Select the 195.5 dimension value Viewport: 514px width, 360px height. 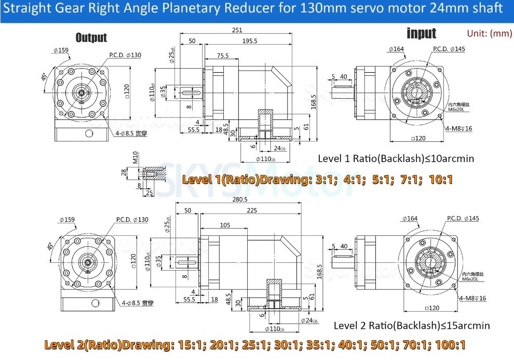pos(249,41)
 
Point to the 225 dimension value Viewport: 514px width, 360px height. pos(252,211)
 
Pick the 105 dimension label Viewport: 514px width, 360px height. pos(224,224)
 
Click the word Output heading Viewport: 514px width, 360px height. pos(91,37)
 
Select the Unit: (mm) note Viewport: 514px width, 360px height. pos(490,33)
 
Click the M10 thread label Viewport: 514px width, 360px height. pos(134,157)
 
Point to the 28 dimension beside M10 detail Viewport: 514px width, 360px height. pos(124,172)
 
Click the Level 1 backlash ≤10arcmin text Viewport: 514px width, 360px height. pos(396,158)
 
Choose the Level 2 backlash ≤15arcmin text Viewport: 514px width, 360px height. pos(411,326)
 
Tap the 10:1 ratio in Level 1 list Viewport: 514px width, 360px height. pos(441,180)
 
